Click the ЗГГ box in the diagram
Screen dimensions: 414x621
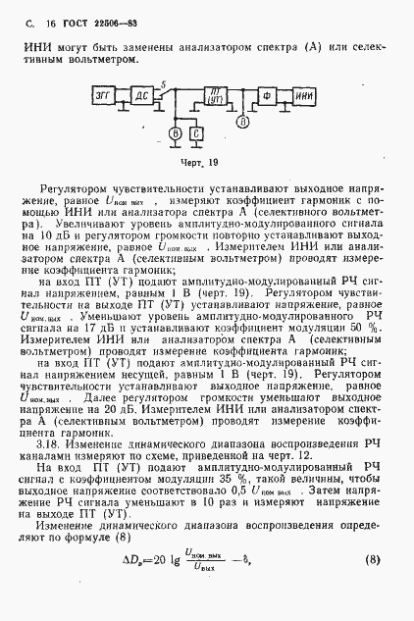coord(102,95)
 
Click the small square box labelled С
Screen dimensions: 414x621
coord(196,131)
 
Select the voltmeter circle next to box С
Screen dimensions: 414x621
coord(175,131)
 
